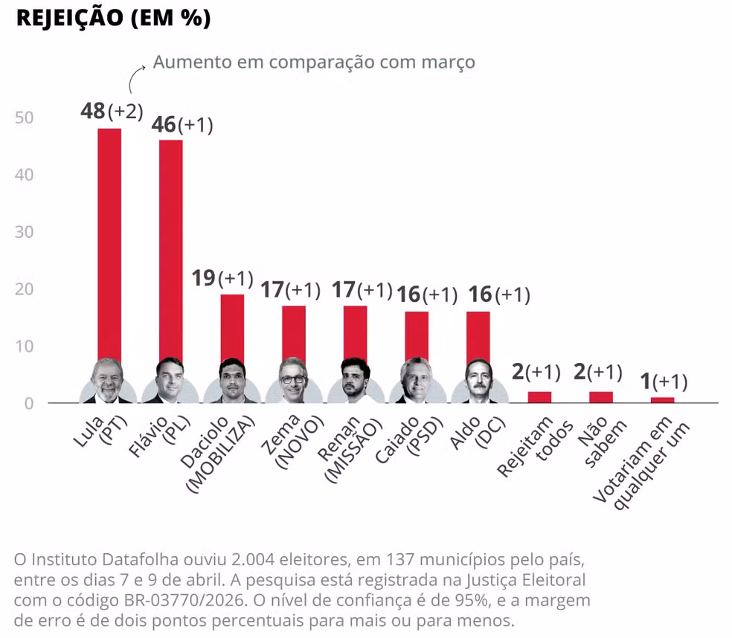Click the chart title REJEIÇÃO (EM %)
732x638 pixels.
point(113,19)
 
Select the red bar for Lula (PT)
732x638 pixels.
point(109,238)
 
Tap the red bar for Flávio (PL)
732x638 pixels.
point(170,245)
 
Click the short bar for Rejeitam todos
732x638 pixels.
point(539,397)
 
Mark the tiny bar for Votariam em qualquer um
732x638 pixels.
point(662,400)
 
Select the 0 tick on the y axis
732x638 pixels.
point(30,403)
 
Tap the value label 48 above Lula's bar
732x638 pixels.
point(93,111)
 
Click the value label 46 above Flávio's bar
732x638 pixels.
point(163,124)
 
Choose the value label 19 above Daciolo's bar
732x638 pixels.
point(203,278)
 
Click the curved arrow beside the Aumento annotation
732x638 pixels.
point(137,77)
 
